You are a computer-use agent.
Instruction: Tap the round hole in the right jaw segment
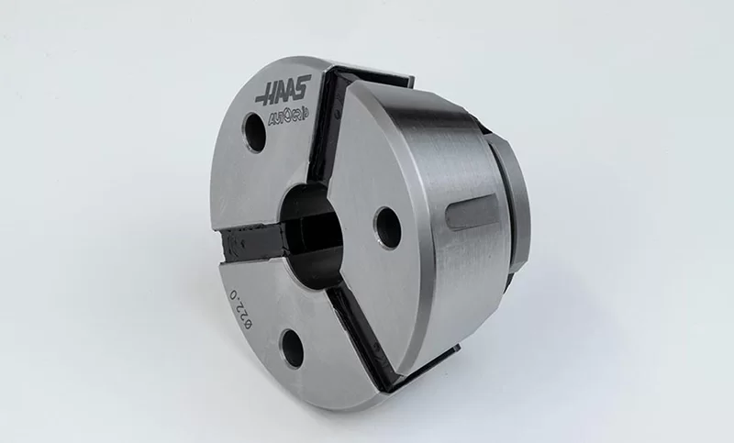coord(387,223)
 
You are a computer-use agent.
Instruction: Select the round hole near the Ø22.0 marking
coord(293,345)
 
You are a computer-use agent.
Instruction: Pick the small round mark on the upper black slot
coord(337,114)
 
